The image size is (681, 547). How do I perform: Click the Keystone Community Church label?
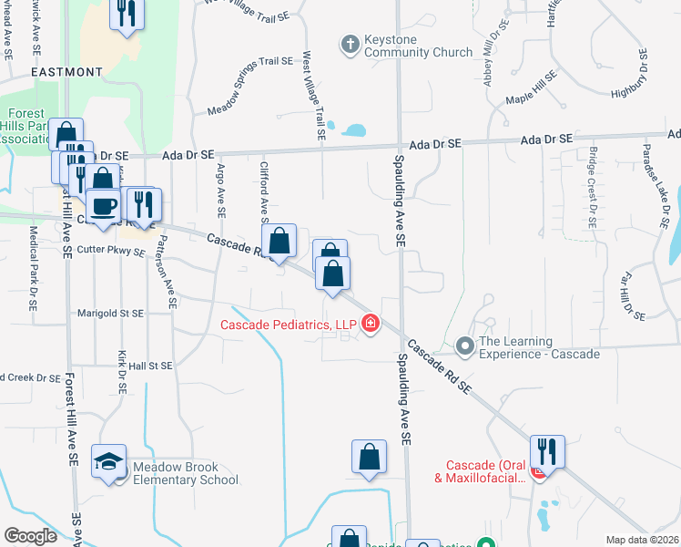(419, 47)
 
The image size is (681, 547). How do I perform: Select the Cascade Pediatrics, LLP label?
(289, 324)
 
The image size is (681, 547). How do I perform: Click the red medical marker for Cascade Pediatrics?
(371, 324)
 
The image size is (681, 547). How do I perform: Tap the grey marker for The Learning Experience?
(465, 346)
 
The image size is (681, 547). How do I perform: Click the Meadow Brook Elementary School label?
(186, 473)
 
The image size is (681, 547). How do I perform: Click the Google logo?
(30, 536)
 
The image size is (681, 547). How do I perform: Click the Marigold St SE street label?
(112, 313)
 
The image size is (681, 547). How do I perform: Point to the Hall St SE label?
(150, 366)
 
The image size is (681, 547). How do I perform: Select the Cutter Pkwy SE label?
(111, 251)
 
